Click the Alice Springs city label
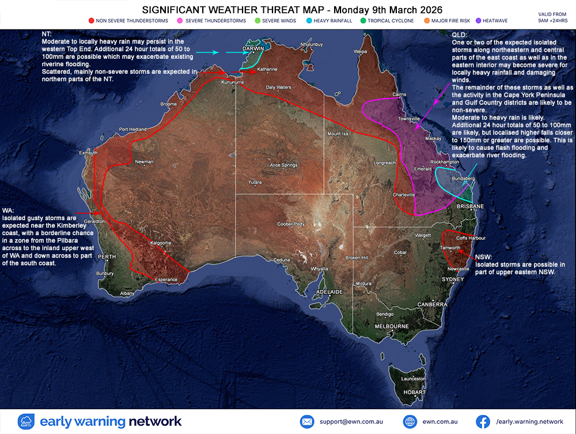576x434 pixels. (283, 165)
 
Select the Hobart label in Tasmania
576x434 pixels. (414, 392)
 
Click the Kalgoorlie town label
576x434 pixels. (161, 243)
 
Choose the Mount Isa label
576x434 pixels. (339, 134)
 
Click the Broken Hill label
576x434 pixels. (357, 258)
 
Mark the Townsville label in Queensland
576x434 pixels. (410, 119)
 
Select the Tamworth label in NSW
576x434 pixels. (450, 248)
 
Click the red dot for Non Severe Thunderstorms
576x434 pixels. (91, 21)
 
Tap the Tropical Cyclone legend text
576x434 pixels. (392, 21)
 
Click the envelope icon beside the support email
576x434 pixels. (306, 421)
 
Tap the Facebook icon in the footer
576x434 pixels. (482, 421)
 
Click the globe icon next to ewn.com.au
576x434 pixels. (410, 421)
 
